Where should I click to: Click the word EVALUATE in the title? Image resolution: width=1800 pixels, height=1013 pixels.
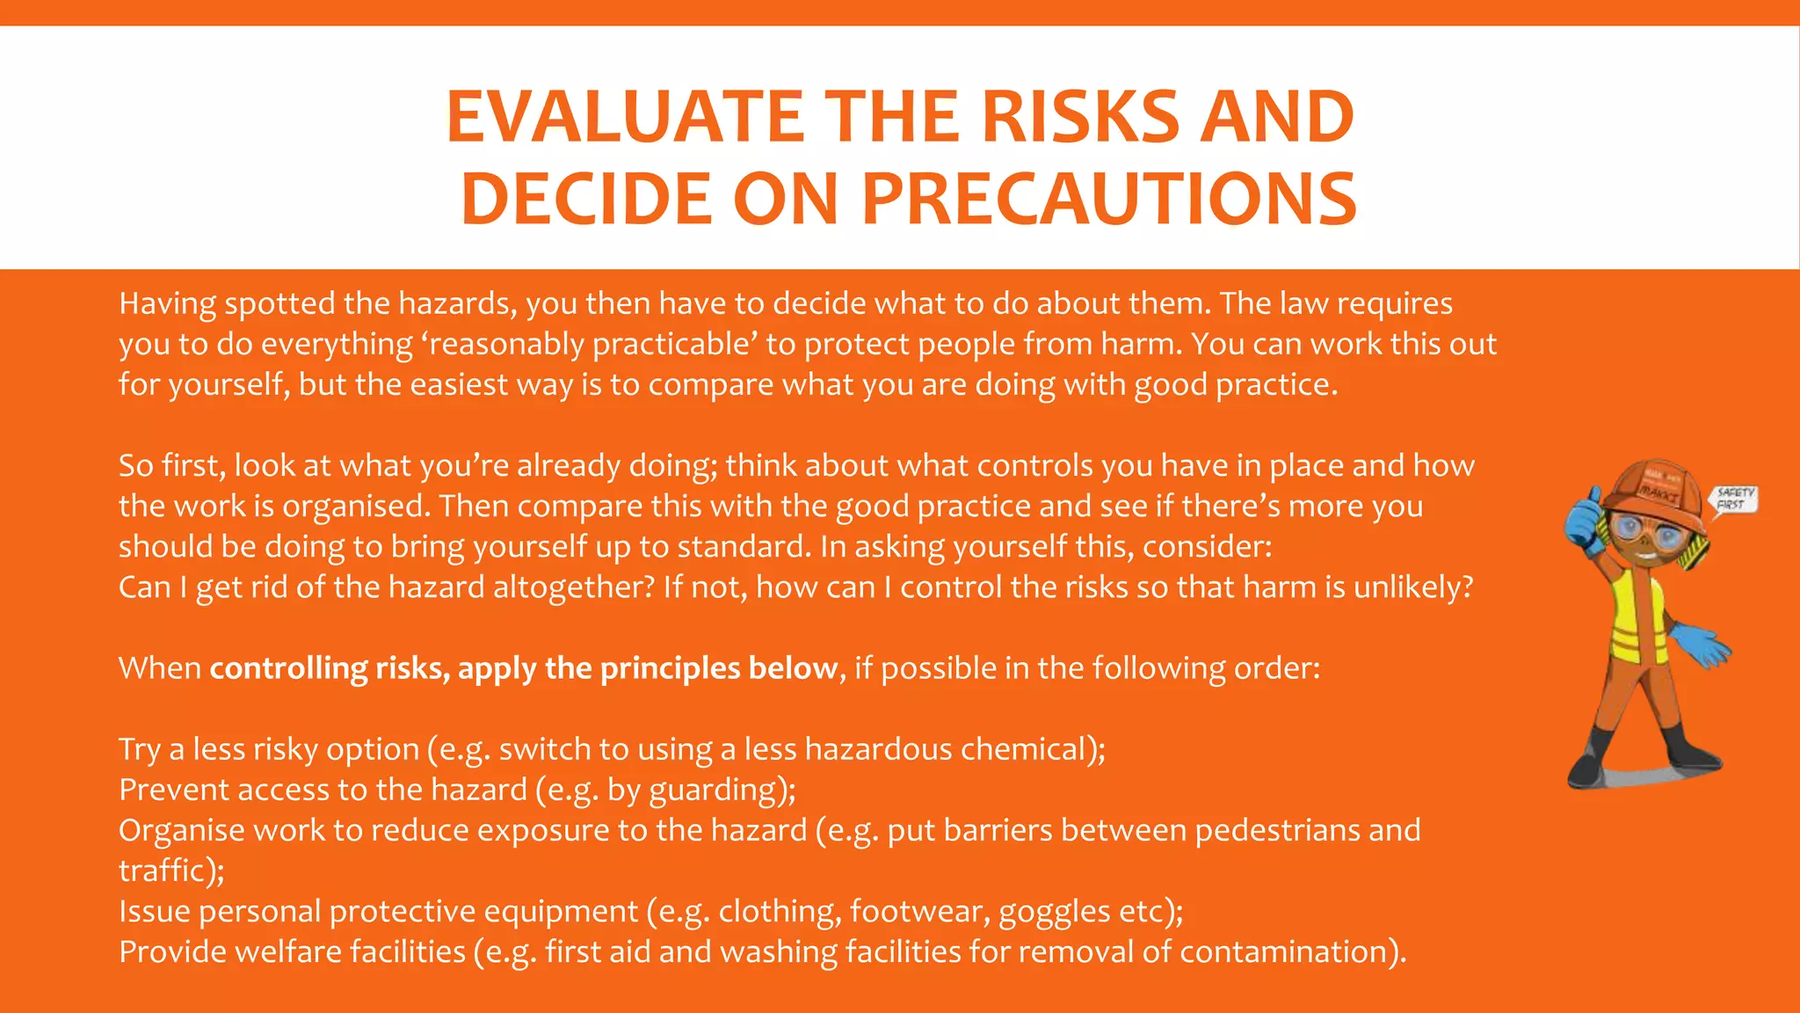click(x=624, y=117)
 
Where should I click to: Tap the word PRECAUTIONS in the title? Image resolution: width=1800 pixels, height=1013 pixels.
click(x=1109, y=199)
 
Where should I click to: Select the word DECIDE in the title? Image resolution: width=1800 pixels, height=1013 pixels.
click(x=585, y=199)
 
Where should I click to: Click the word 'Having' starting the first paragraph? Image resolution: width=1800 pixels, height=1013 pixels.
click(x=167, y=304)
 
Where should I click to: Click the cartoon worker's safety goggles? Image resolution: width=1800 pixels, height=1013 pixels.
click(x=1636, y=530)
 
